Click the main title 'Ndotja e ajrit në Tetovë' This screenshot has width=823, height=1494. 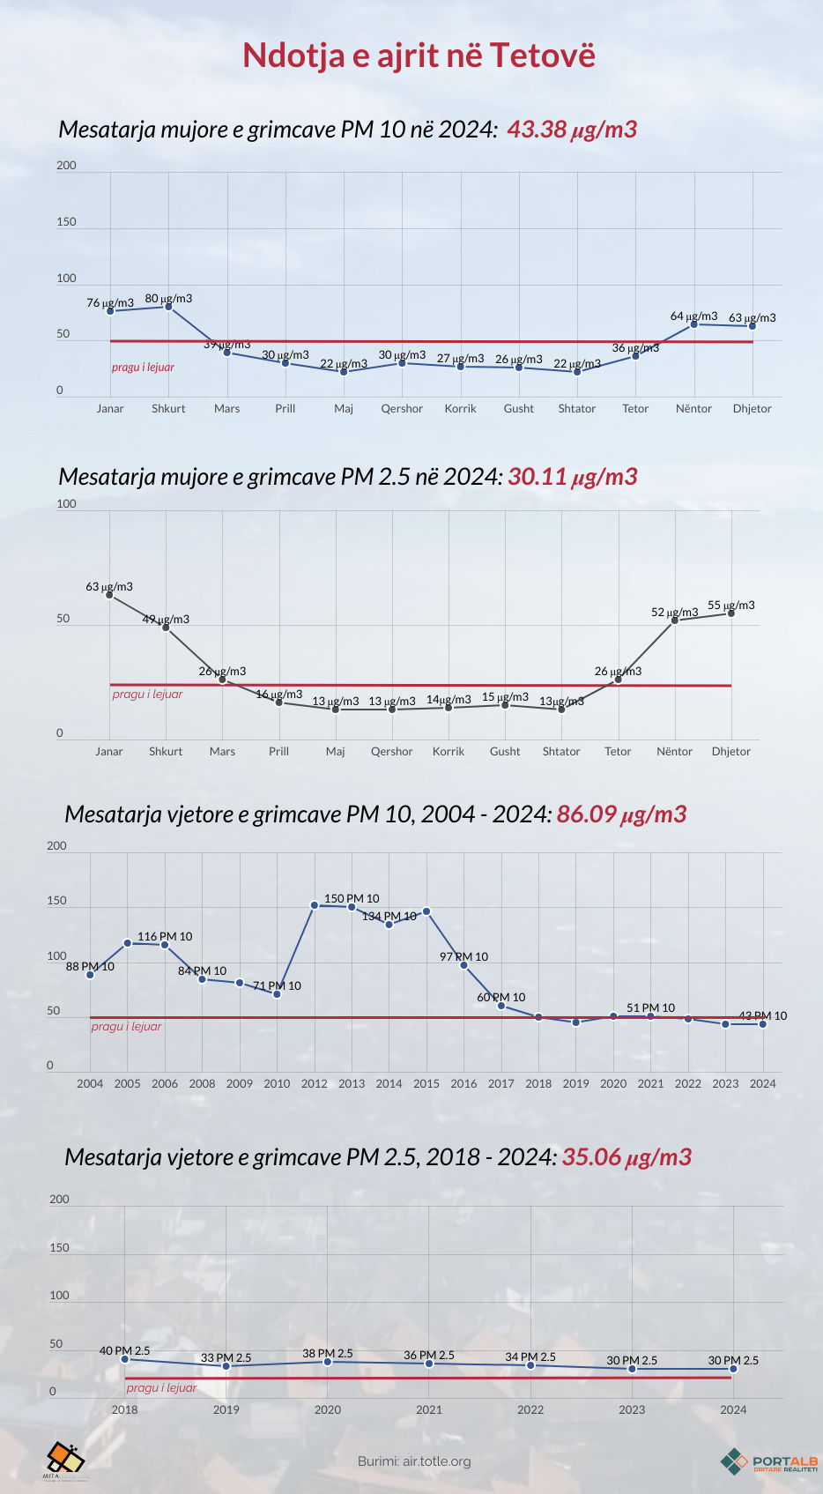(x=419, y=56)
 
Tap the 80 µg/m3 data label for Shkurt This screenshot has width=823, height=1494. (x=168, y=299)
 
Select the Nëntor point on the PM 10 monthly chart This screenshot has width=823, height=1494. (x=694, y=324)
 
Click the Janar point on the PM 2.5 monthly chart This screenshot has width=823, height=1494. (x=109, y=595)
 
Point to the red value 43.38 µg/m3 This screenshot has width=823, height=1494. (x=572, y=130)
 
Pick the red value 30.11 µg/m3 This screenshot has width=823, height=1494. (x=573, y=477)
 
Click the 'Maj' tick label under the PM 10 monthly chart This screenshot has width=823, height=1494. (x=344, y=409)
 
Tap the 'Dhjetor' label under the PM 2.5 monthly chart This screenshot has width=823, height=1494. (x=731, y=752)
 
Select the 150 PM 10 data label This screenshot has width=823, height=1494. (x=352, y=899)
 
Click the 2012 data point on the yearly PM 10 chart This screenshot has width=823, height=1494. (x=315, y=905)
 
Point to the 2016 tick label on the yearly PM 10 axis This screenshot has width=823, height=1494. (x=463, y=1084)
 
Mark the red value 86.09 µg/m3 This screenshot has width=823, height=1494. (x=621, y=814)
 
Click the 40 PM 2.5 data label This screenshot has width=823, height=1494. (x=124, y=1350)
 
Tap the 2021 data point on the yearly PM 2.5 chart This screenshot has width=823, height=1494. (x=429, y=1364)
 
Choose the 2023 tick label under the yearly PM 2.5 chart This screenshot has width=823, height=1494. (x=632, y=1410)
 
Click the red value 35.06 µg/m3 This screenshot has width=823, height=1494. (x=627, y=1157)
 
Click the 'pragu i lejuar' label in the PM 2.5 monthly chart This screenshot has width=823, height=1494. (x=147, y=695)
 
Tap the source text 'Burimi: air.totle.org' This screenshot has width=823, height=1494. (x=414, y=1461)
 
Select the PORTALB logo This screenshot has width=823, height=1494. (x=768, y=1461)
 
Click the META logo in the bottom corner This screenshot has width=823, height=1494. (x=64, y=1460)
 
